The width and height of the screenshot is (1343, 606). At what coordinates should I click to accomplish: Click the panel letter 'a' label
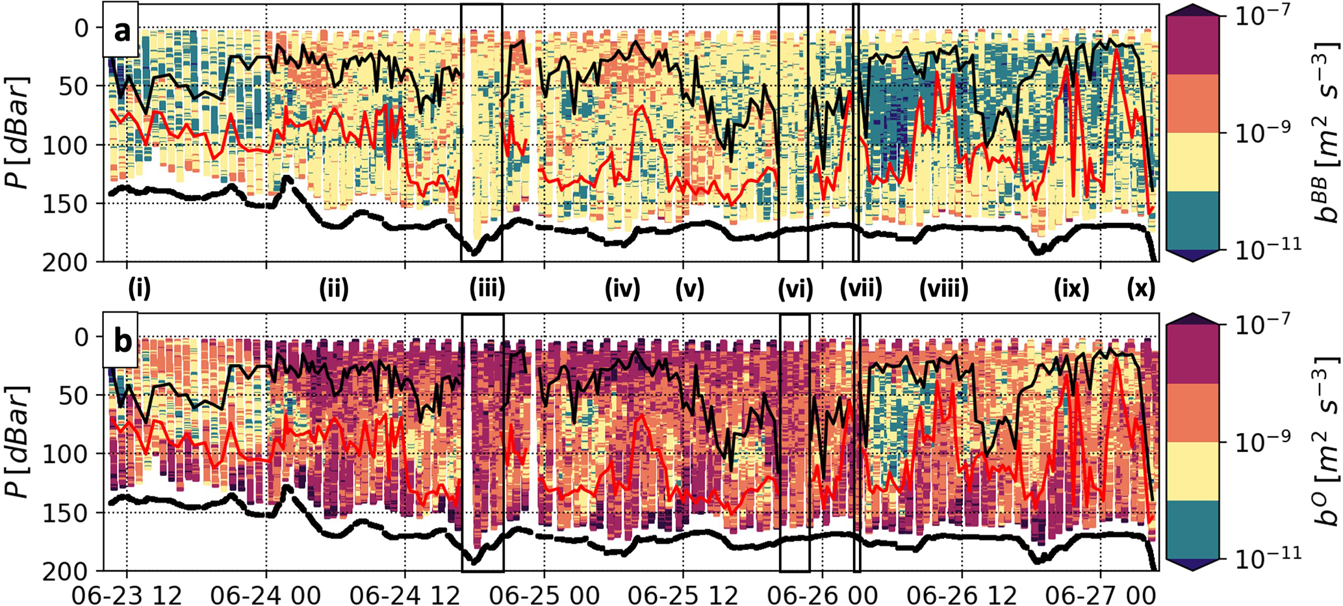coord(121,31)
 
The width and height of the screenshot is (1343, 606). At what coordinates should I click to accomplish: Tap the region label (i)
coord(140,288)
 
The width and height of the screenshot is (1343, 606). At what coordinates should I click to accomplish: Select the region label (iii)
coord(487,288)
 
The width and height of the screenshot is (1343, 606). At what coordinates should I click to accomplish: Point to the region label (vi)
coord(795,288)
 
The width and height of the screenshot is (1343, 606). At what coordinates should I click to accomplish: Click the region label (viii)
coord(943,288)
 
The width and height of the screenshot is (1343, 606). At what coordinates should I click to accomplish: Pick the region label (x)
coord(1141,288)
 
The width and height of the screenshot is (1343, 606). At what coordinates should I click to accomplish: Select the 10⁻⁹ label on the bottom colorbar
coord(1259,443)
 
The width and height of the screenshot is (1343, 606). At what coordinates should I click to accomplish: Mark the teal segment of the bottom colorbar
coord(1193,529)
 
